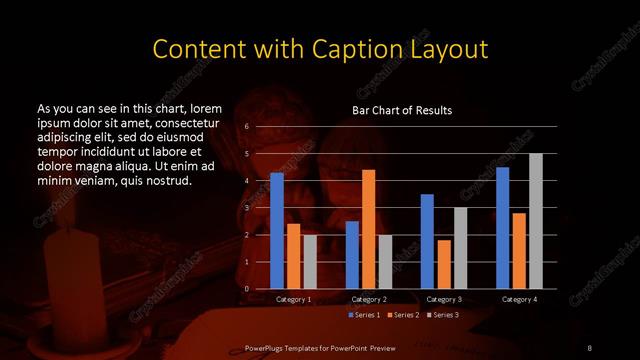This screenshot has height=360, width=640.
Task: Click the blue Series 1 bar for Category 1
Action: click(277, 231)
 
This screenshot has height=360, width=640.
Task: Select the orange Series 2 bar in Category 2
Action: click(368, 229)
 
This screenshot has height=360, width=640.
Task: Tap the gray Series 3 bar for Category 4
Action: click(536, 221)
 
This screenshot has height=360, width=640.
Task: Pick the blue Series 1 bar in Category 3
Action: click(427, 241)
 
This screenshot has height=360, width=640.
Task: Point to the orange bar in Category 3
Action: click(444, 264)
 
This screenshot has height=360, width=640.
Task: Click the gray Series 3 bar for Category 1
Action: click(310, 262)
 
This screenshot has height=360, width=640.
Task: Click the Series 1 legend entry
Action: click(364, 315)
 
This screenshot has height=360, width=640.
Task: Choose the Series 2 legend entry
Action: click(402, 315)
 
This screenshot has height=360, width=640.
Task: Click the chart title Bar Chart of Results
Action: click(402, 110)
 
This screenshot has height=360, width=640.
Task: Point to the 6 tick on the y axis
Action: click(246, 127)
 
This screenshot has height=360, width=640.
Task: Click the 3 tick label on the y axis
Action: click(246, 208)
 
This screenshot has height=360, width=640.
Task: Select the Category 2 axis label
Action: click(369, 299)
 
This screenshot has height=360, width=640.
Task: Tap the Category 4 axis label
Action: click(518, 299)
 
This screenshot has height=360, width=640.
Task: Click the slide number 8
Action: click(589, 347)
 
